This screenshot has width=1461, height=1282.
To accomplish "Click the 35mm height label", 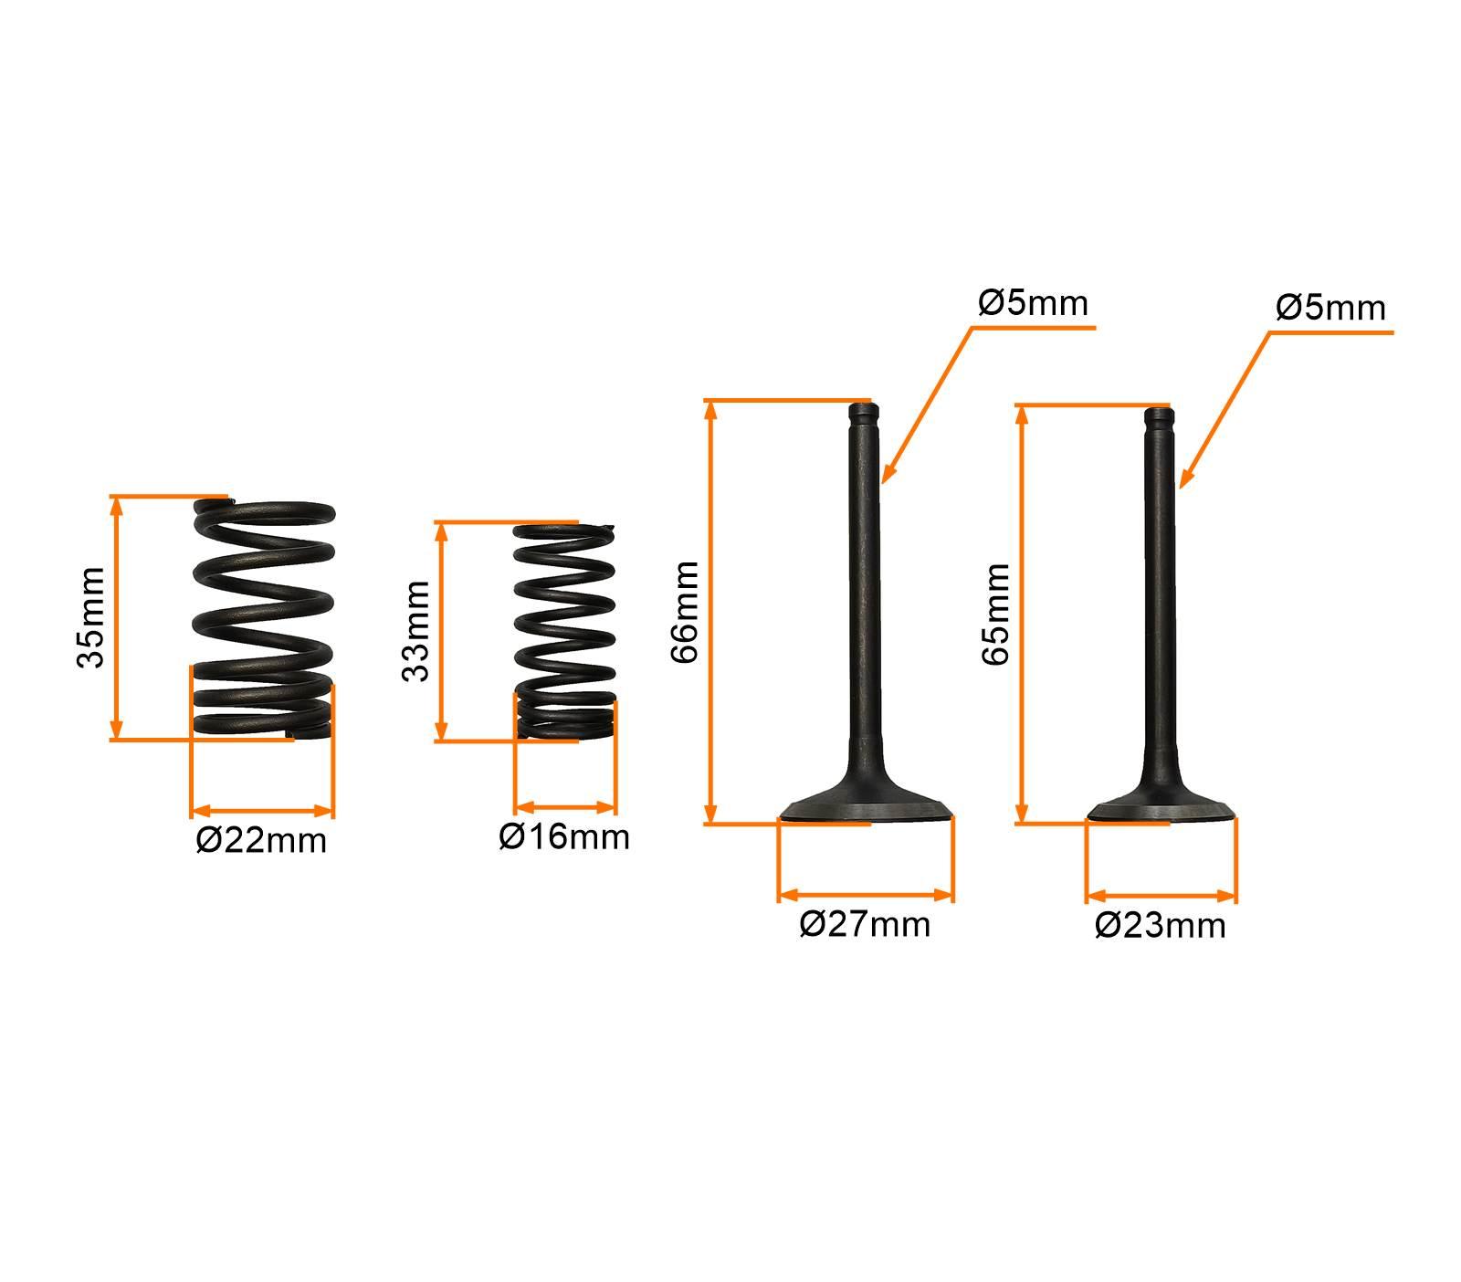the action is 91,617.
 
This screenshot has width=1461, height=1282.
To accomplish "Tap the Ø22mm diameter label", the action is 261,840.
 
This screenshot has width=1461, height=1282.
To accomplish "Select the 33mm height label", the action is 415,630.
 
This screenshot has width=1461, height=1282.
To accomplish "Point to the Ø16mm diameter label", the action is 564,836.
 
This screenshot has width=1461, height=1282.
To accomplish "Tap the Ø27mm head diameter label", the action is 865,924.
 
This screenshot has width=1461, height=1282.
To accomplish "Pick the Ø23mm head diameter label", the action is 1161,926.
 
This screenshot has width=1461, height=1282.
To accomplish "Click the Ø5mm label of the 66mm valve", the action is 1033,302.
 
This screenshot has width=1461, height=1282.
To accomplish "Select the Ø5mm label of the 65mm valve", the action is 1330,308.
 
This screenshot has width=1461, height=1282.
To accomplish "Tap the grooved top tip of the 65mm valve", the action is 1159,418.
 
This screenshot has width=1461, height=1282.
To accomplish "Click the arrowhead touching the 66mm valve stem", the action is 888,472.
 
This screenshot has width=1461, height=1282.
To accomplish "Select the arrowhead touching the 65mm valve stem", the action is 1187,477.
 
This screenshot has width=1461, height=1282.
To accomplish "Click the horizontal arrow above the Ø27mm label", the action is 866,894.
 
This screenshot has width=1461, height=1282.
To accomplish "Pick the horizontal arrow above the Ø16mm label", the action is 565,807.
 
